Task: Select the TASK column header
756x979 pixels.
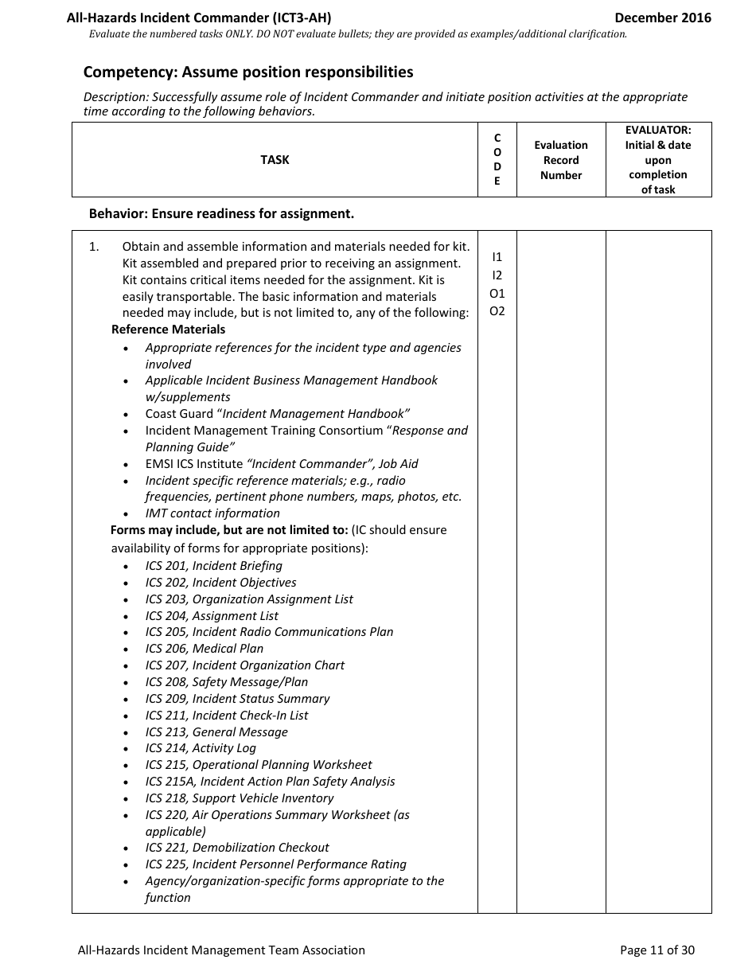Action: pyautogui.click(x=275, y=160)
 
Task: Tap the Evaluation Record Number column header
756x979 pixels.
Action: pyautogui.click(x=561, y=160)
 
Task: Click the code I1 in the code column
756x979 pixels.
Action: pyautogui.click(x=497, y=257)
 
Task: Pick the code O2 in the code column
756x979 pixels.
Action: pyautogui.click(x=497, y=311)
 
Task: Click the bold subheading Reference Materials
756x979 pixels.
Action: pyautogui.click(x=168, y=330)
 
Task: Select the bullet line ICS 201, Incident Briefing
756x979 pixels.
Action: pyautogui.click(x=213, y=566)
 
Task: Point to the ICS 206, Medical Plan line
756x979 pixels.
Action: pyautogui.click(x=204, y=649)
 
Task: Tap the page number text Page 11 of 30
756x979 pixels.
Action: pyautogui.click(x=657, y=950)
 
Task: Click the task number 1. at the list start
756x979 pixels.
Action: pyautogui.click(x=94, y=247)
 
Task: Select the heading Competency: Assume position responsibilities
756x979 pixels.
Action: pyautogui.click(x=248, y=72)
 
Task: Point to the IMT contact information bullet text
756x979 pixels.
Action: pyautogui.click(x=212, y=513)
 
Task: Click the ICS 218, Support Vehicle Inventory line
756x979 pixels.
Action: pyautogui.click(x=239, y=798)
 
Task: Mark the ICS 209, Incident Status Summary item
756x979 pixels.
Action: pyautogui.click(x=237, y=699)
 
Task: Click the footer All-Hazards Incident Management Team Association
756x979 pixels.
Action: pyautogui.click(x=221, y=950)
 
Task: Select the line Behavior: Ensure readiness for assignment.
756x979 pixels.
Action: pyautogui.click(x=221, y=213)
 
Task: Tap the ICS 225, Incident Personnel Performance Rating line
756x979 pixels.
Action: pyautogui.click(x=275, y=864)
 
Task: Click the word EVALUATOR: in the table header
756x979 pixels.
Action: pyautogui.click(x=658, y=130)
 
